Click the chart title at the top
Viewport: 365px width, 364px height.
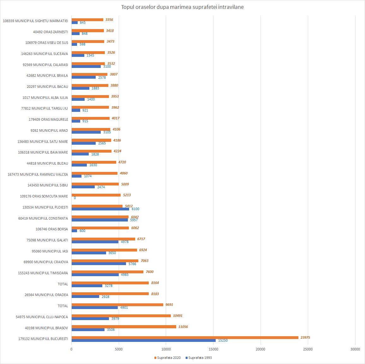[182, 7]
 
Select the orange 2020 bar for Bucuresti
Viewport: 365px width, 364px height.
[185, 337]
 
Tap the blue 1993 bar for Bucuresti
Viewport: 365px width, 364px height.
[144, 340]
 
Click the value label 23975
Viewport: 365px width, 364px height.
[305, 337]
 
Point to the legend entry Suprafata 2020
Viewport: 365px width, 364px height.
[167, 358]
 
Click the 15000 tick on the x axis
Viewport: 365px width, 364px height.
[213, 349]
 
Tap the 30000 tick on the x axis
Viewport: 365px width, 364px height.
[355, 349]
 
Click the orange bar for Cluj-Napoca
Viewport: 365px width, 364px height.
[121, 316]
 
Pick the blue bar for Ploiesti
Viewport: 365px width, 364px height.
[100, 209]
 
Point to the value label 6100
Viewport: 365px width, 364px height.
[135, 209]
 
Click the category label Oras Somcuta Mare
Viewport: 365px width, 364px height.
[44, 196]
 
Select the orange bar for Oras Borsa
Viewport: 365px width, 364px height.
[100, 228]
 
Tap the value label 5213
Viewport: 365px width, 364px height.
[127, 195]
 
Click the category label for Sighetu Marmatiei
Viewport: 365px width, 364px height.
[35, 21]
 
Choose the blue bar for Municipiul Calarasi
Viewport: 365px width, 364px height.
[86, 66]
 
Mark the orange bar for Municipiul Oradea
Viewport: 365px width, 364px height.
[110, 294]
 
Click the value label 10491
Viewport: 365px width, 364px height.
[177, 316]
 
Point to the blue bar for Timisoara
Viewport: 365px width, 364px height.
[95, 275]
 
